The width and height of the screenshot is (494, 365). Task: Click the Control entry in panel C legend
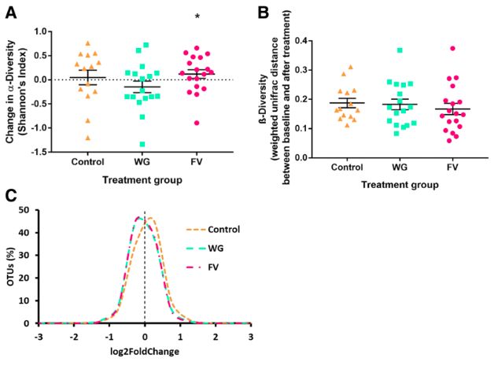[223, 230]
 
